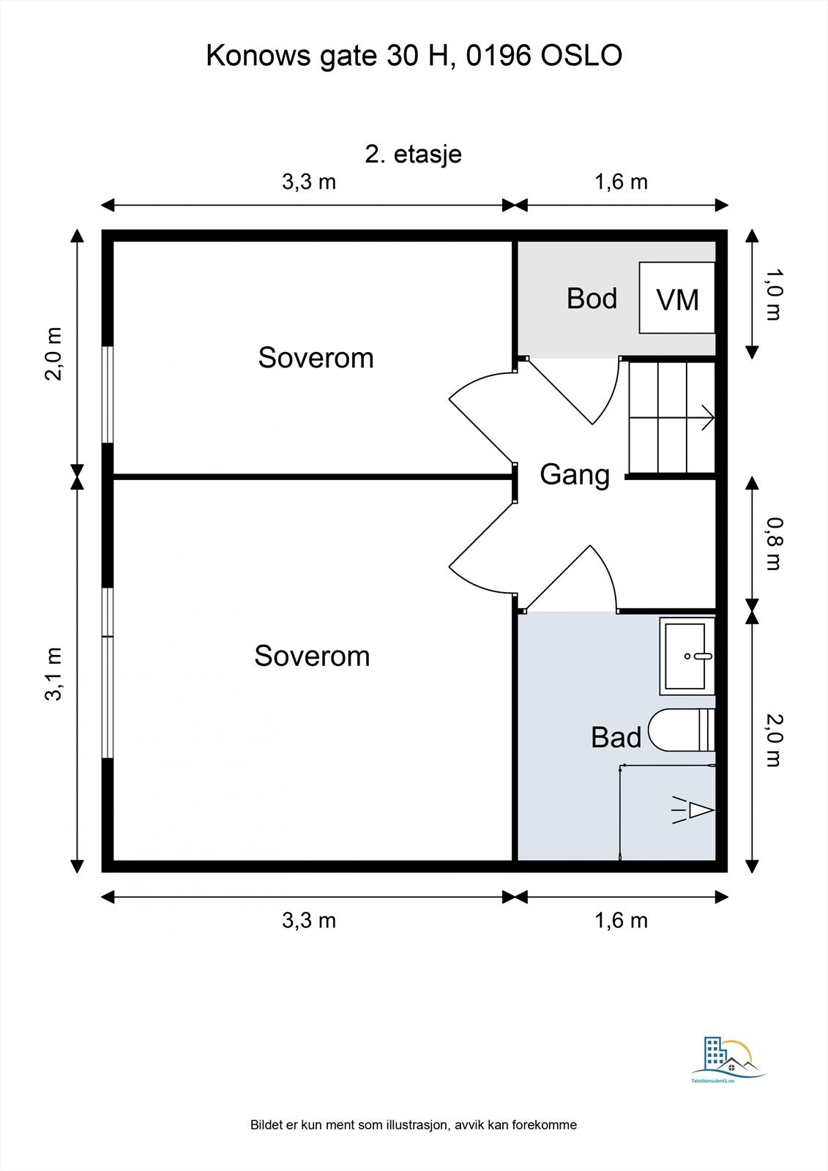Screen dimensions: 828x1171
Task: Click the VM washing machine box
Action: tap(677, 297)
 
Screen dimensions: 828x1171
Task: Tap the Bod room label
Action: tap(592, 298)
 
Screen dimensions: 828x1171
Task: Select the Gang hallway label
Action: tap(575, 475)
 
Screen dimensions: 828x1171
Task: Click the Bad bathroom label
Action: tap(616, 737)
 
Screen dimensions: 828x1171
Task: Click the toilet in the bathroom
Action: tap(682, 730)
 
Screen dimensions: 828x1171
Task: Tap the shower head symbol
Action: tap(693, 810)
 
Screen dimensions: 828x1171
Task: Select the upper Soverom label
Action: tap(316, 358)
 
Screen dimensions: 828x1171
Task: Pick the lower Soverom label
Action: tap(313, 656)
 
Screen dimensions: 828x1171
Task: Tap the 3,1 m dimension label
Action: tap(54, 673)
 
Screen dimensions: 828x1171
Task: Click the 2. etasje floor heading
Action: tap(413, 154)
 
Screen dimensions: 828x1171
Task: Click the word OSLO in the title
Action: tap(581, 56)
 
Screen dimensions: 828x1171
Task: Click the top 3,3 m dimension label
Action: tap(309, 182)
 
